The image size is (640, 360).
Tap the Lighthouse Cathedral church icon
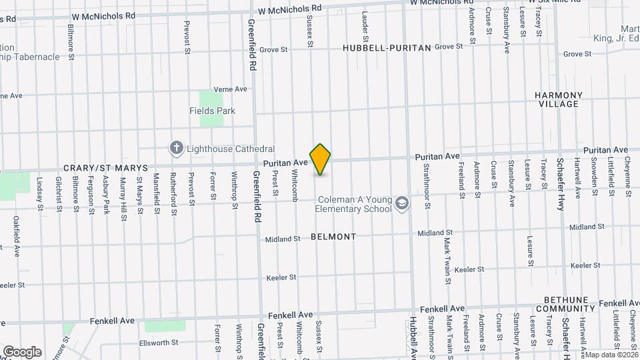[176, 148]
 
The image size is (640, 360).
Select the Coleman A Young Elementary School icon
[401, 203]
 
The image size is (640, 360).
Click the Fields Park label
[212, 111]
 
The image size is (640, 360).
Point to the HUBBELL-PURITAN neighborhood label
[387, 48]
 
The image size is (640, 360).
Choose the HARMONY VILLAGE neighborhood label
[559, 100]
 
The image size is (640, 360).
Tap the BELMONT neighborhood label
[333, 237]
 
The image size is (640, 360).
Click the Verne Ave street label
[230, 89]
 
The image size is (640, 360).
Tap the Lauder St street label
[365, 23]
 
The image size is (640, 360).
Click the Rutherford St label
[173, 193]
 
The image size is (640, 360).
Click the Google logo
[22, 352]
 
